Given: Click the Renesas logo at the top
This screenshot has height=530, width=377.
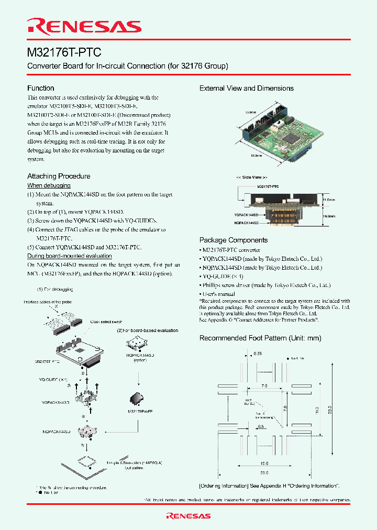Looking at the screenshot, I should coord(84,26).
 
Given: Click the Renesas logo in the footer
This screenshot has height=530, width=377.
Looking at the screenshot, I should coord(188,516).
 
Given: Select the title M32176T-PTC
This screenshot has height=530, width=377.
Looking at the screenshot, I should coord(64,52).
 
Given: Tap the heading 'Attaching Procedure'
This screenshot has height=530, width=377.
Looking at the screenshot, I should coord(59,176).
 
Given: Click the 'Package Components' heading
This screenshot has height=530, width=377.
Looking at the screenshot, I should coord(234,240).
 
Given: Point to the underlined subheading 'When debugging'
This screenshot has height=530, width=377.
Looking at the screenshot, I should coord(49,185).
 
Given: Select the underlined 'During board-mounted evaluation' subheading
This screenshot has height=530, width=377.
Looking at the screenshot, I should coord(69,256).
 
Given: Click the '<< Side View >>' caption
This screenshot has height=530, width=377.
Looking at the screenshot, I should coord(252,178).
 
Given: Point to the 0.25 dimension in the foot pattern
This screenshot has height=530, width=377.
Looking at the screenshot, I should coord(257,354).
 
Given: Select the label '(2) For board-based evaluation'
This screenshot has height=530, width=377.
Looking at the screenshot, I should coord(147,330).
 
